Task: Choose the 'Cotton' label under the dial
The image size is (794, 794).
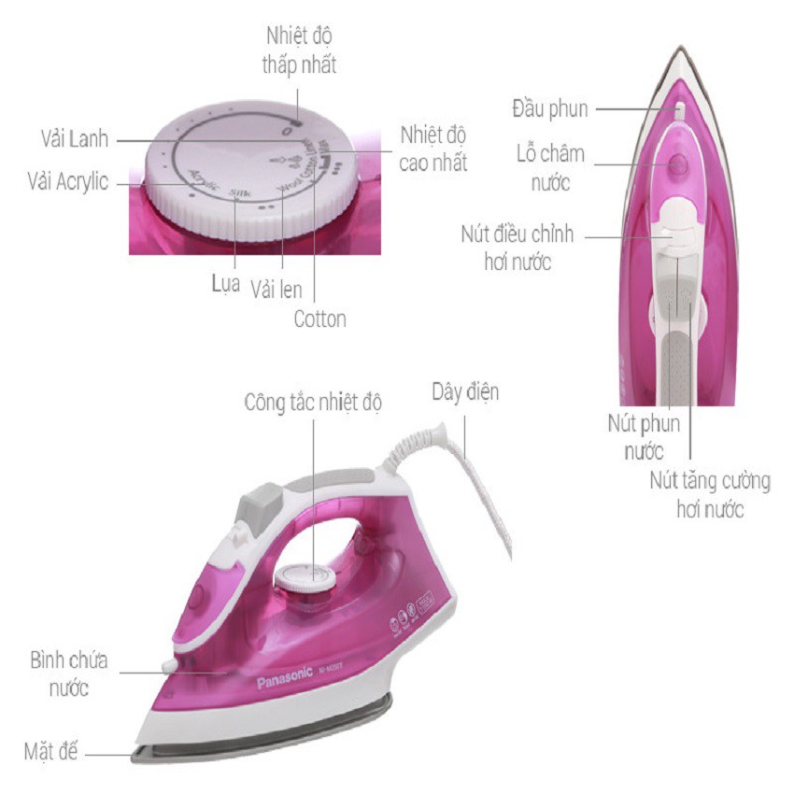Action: pos(319,319)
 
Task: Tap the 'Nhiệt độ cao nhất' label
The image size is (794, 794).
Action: pos(432,149)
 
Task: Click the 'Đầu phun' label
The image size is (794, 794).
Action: pos(550,109)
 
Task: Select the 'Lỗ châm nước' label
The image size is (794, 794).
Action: pos(551,167)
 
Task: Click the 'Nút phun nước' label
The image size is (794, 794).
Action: pos(642,436)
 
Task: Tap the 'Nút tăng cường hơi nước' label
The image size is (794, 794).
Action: pos(710,495)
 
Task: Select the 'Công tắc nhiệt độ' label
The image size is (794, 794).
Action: pos(314,404)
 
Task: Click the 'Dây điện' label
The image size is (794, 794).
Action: pos(464,390)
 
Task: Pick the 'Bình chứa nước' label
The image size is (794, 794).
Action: pos(68,674)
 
